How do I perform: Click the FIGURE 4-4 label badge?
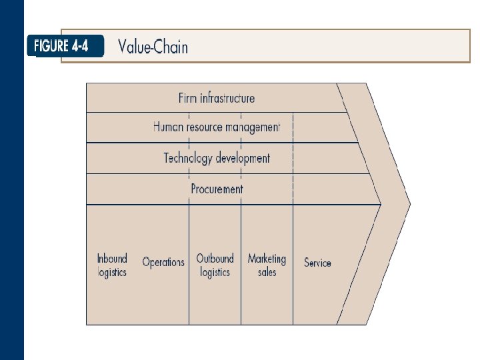(65, 47)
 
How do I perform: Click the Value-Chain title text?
(153, 47)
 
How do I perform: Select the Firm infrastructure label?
(217, 98)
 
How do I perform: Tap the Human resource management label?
(217, 127)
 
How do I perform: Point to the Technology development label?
(217, 158)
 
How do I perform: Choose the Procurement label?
(217, 189)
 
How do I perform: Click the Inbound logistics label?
(112, 265)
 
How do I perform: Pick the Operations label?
(163, 262)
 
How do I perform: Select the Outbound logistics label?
(215, 265)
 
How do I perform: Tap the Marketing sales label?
(267, 265)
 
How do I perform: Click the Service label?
(317, 263)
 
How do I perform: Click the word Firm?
(188, 98)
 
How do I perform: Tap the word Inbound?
(112, 259)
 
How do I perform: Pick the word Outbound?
(215, 259)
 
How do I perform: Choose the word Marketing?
(267, 259)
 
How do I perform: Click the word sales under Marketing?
(267, 272)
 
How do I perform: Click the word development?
(244, 158)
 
